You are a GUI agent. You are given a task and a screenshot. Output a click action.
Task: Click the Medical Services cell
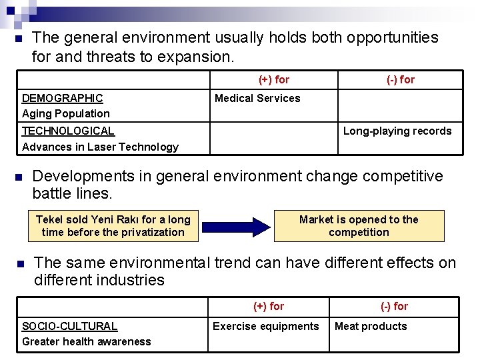tap(257, 99)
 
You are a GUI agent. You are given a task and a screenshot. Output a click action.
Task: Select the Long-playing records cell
tap(397, 131)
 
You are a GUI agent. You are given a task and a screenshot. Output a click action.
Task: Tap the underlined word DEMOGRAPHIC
tap(63, 99)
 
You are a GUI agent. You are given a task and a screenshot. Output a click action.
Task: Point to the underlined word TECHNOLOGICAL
tap(68, 131)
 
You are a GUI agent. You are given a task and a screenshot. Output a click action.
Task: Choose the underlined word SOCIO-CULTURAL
tap(69, 326)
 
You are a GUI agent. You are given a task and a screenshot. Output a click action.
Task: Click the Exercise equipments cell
tap(266, 326)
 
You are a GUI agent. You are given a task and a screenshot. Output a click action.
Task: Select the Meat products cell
tap(371, 326)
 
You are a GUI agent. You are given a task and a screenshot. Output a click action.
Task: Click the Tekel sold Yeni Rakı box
tap(113, 226)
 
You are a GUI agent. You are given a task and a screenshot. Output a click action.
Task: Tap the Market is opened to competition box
tap(359, 226)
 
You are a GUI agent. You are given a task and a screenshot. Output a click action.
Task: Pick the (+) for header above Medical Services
tap(274, 80)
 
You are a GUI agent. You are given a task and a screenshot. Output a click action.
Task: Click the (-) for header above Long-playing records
tap(401, 80)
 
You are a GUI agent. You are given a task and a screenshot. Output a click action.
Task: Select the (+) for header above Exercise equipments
tap(269, 307)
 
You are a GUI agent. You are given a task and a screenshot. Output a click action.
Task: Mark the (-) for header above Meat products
tap(394, 307)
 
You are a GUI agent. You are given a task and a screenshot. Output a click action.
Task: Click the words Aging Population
tap(66, 114)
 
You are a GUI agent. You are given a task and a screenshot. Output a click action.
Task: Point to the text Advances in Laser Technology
tap(101, 147)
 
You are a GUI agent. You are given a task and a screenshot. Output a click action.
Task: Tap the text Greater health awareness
tap(87, 342)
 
